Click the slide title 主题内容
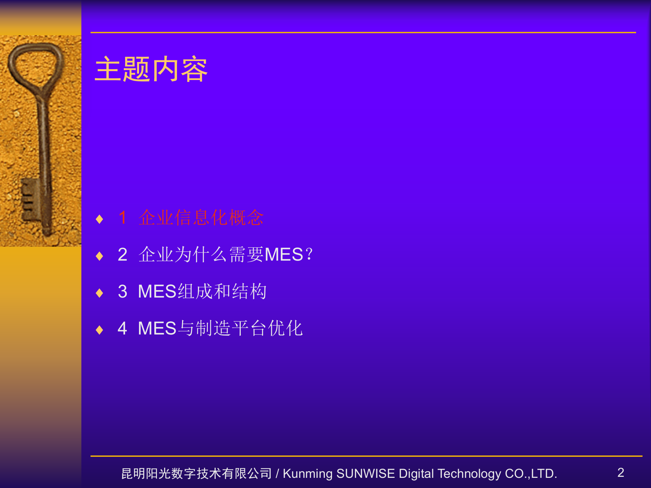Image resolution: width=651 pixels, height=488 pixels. click(x=151, y=69)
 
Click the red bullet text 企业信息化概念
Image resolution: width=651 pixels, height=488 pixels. click(x=201, y=218)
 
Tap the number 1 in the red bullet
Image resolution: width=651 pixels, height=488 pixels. click(x=123, y=218)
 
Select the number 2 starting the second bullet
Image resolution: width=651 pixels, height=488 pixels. click(x=122, y=255)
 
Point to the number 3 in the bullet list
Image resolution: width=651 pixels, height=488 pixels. click(x=122, y=291)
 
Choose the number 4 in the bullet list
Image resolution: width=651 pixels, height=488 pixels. click(x=122, y=328)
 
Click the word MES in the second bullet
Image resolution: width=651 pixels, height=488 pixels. click(x=283, y=255)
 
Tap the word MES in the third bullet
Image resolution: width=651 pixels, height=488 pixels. click(x=157, y=291)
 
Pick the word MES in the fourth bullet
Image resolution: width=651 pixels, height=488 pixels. click(x=157, y=328)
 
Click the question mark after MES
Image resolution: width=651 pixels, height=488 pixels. click(x=309, y=255)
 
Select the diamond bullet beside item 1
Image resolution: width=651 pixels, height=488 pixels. click(x=99, y=219)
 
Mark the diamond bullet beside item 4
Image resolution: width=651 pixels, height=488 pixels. click(x=99, y=330)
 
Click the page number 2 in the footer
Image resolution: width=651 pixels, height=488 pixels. click(x=621, y=473)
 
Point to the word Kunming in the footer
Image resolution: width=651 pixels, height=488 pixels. click(x=308, y=474)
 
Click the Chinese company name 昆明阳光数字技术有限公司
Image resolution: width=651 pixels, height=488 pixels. click(x=196, y=474)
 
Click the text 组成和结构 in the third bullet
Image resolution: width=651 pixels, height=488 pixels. click(x=222, y=291)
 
